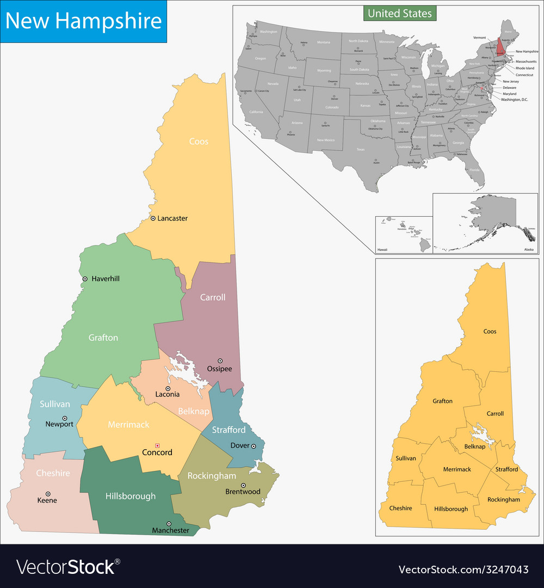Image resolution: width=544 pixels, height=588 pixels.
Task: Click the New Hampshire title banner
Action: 83,21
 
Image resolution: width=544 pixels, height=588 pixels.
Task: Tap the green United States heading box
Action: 400,13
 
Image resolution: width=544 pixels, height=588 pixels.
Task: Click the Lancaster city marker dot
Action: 153,218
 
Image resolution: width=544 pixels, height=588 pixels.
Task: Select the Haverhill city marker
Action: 85,279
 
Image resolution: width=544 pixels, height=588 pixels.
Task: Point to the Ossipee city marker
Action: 220,360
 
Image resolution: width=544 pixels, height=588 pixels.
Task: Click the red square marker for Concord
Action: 157,444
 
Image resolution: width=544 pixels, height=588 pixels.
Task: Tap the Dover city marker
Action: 254,446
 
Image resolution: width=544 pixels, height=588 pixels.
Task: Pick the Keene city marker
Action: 47,493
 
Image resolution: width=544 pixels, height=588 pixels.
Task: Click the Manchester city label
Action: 171,530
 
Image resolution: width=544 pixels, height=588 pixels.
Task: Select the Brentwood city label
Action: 243,492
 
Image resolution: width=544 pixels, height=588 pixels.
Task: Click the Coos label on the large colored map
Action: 199,142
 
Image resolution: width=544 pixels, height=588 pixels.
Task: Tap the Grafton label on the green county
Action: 103,338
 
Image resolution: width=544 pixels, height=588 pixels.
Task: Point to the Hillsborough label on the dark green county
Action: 131,496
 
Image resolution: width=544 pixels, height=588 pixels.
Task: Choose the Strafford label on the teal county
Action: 228,430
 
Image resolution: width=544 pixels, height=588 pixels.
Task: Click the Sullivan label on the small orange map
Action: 406,458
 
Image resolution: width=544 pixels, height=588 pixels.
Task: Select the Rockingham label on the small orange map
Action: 504,499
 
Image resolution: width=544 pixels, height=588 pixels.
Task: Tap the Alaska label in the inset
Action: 529,249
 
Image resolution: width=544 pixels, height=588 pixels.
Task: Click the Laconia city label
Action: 168,394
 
